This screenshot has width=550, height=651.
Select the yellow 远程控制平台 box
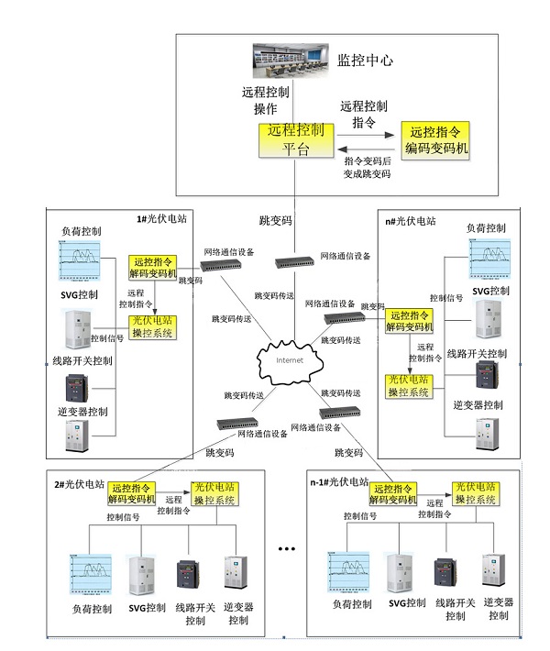pos(295,141)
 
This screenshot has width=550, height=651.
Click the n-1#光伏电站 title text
pos(339,481)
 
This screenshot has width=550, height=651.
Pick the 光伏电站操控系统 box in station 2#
pos(215,493)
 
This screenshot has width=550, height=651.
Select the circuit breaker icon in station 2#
pos(190,574)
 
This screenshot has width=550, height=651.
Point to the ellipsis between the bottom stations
pos(286,549)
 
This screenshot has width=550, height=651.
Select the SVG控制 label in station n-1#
pos(404,603)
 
